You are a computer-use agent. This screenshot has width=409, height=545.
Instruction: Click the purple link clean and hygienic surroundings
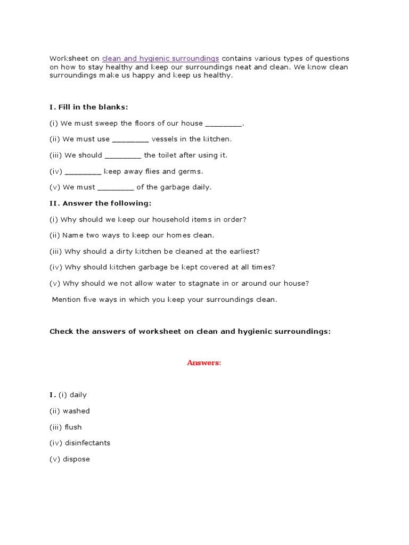click(160, 58)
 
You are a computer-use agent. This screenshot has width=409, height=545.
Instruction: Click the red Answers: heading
click(204, 362)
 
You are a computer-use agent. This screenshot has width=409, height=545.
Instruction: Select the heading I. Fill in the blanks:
click(89, 107)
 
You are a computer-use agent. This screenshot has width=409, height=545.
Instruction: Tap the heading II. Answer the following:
click(101, 203)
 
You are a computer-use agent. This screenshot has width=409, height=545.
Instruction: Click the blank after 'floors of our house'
click(223, 124)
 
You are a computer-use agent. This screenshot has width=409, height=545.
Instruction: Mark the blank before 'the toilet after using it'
click(123, 156)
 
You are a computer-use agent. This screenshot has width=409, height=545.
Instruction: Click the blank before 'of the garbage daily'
click(116, 188)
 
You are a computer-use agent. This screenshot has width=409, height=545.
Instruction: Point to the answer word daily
click(78, 395)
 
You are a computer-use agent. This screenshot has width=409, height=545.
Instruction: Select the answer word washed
click(76, 411)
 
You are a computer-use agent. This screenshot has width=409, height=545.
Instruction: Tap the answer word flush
click(73, 427)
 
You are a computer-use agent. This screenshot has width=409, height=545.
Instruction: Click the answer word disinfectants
click(87, 443)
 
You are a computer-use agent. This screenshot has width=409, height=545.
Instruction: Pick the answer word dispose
click(76, 459)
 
